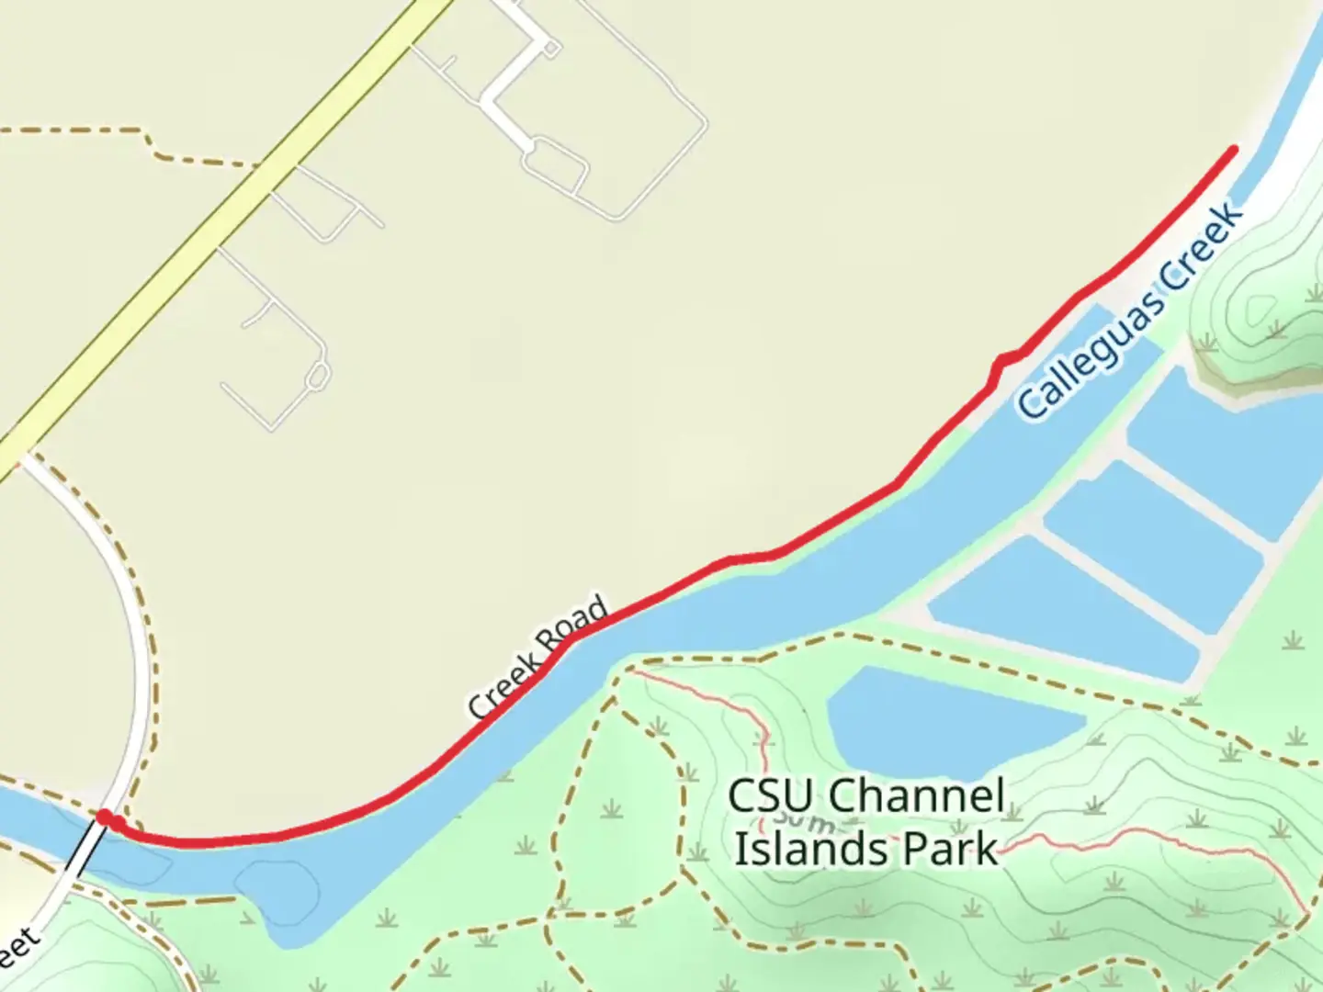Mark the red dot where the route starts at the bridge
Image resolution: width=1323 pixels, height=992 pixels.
point(106,817)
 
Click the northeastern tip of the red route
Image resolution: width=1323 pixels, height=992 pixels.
point(1233,149)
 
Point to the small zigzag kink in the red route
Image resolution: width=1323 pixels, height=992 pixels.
point(1001,363)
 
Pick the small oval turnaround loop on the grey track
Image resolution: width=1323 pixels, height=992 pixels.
point(318,376)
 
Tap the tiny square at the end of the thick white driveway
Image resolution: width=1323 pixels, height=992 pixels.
point(551,49)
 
